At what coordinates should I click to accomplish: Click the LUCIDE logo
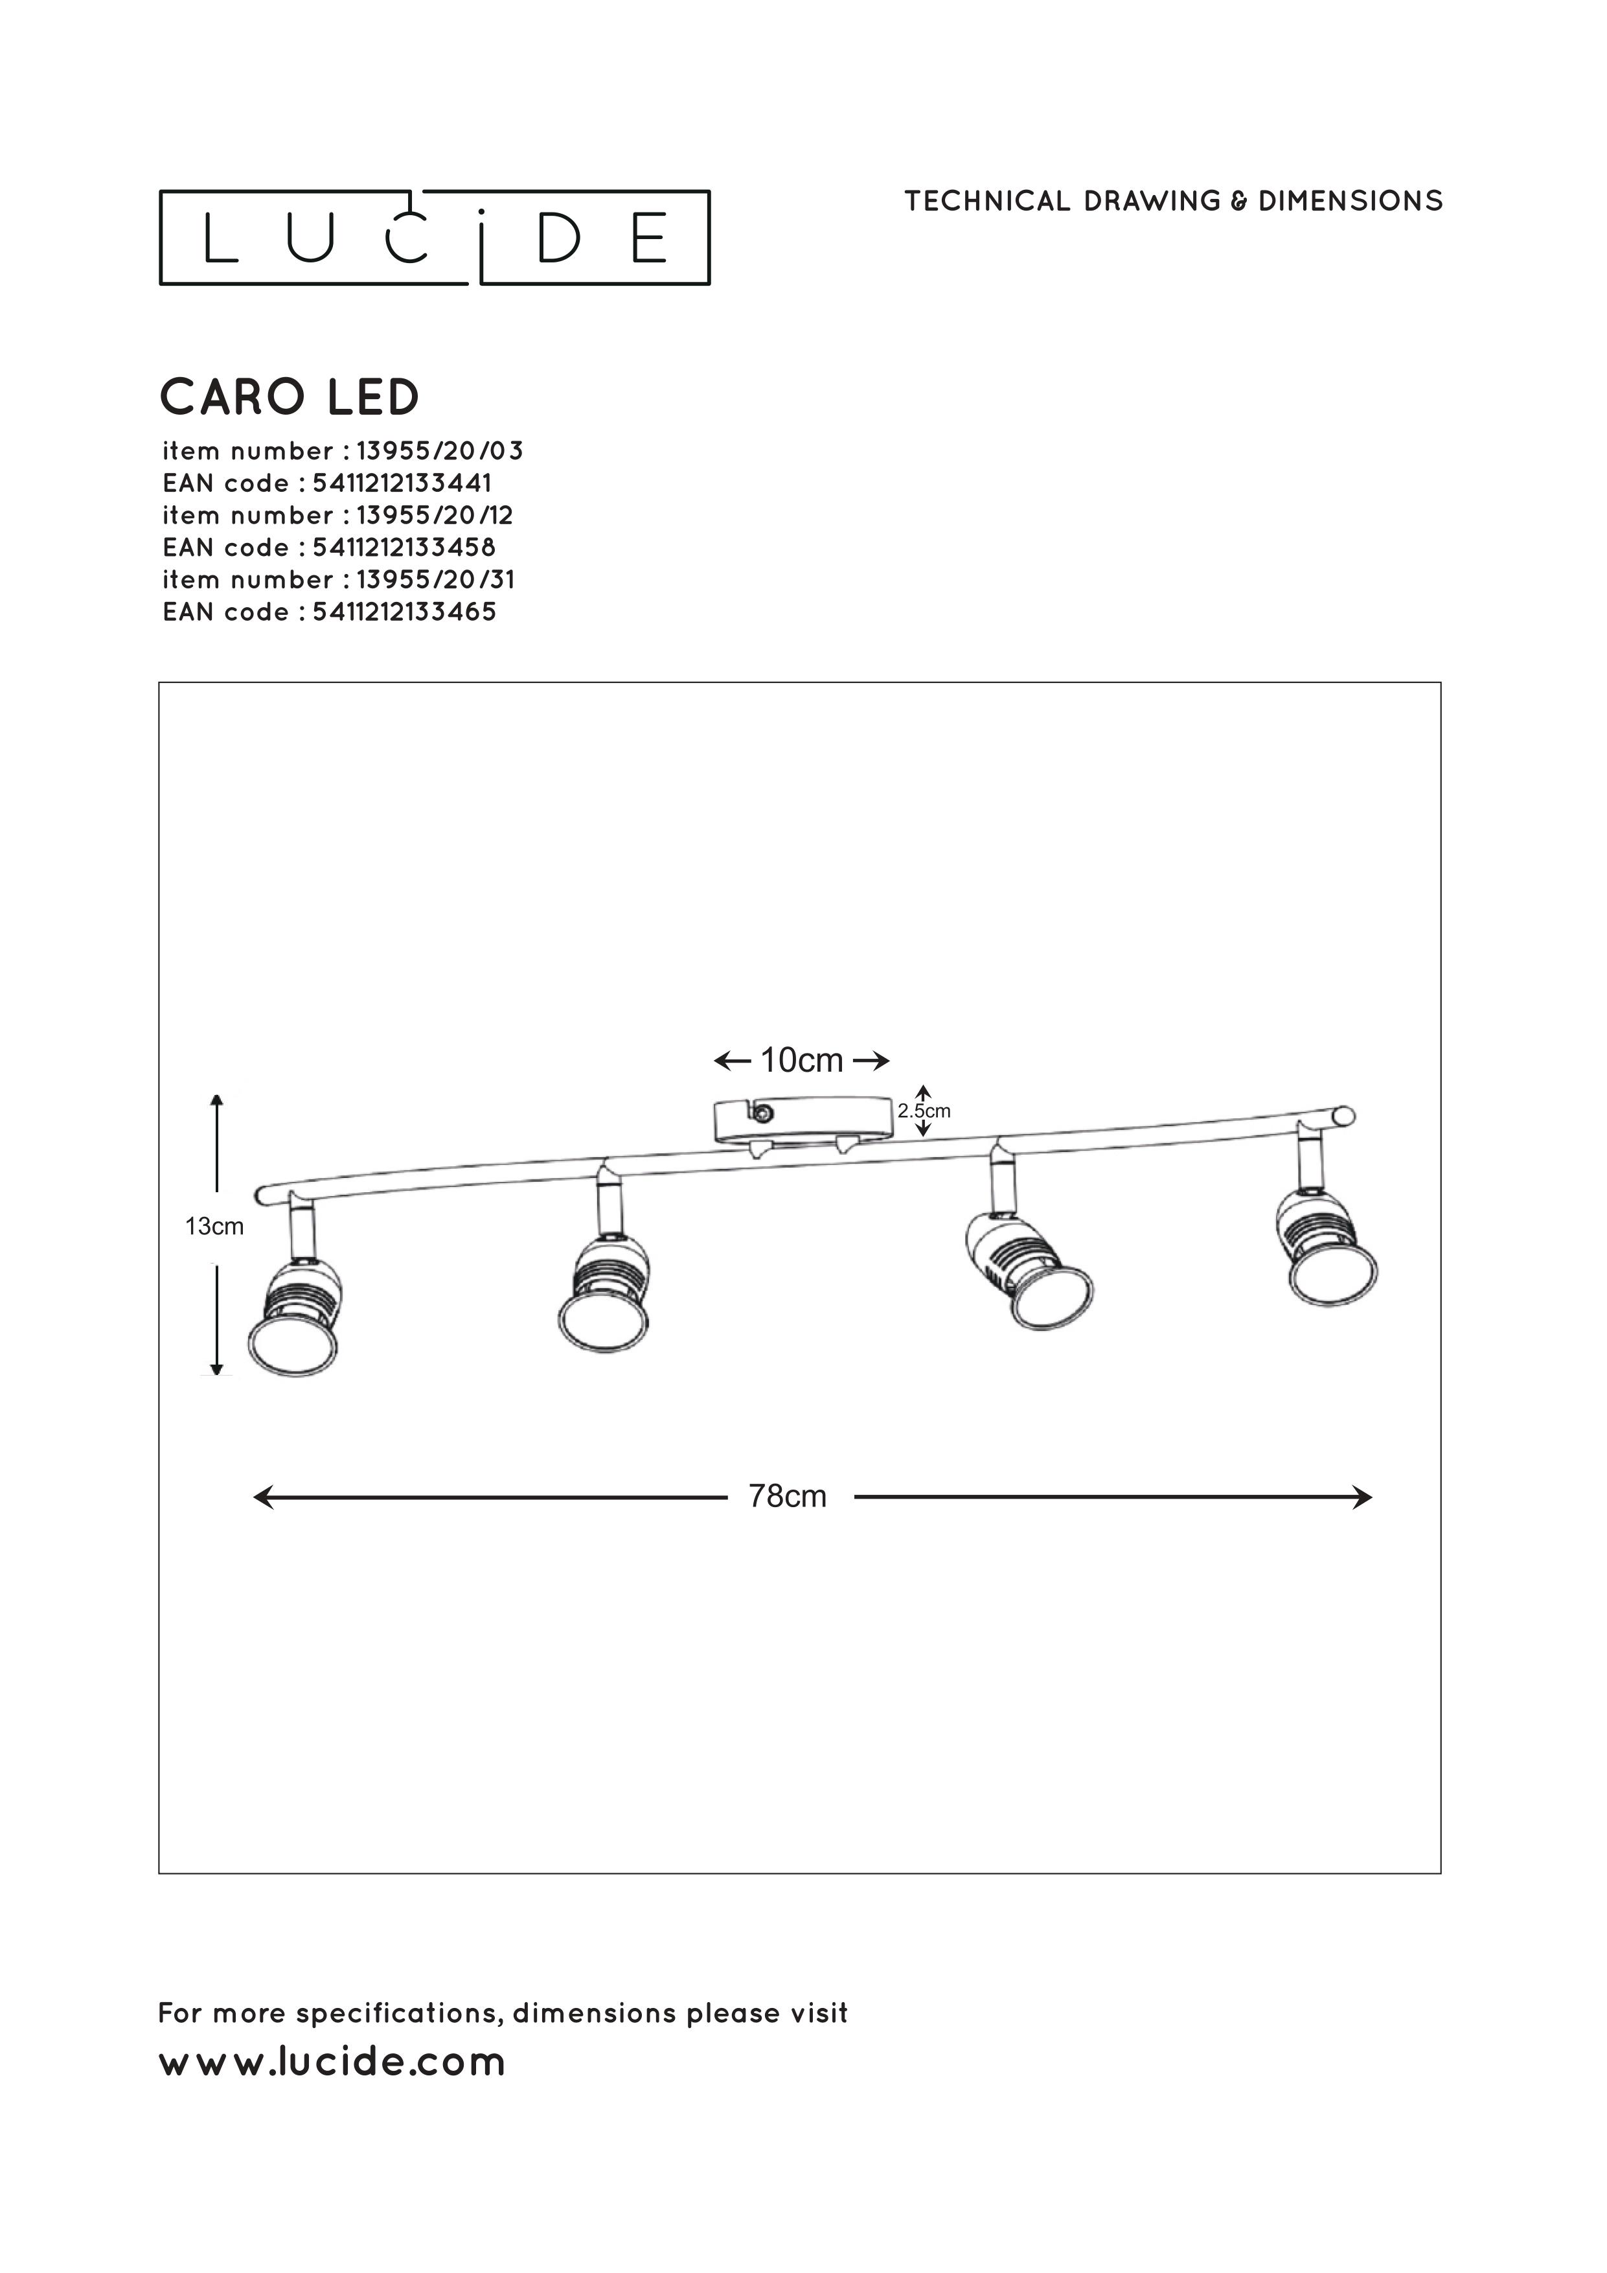point(435,238)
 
